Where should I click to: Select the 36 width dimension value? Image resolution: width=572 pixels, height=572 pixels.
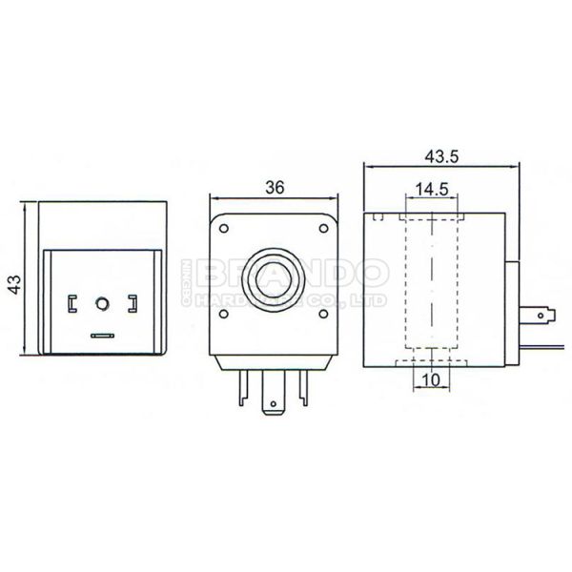275,188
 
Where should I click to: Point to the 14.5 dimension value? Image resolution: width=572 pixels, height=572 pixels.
433,188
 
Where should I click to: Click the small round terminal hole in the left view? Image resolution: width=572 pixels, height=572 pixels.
101,304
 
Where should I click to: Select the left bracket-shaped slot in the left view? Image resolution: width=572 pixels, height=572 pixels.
70,304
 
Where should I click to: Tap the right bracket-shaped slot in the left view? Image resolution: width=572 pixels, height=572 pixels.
132,304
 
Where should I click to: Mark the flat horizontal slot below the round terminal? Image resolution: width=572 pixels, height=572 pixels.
101,335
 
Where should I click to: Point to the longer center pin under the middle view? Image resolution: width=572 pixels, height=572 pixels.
274,396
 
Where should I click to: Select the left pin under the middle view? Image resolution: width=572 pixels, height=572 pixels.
242,385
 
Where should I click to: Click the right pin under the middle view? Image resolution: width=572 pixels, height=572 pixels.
304,385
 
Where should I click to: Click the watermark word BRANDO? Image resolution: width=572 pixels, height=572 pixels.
290,275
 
